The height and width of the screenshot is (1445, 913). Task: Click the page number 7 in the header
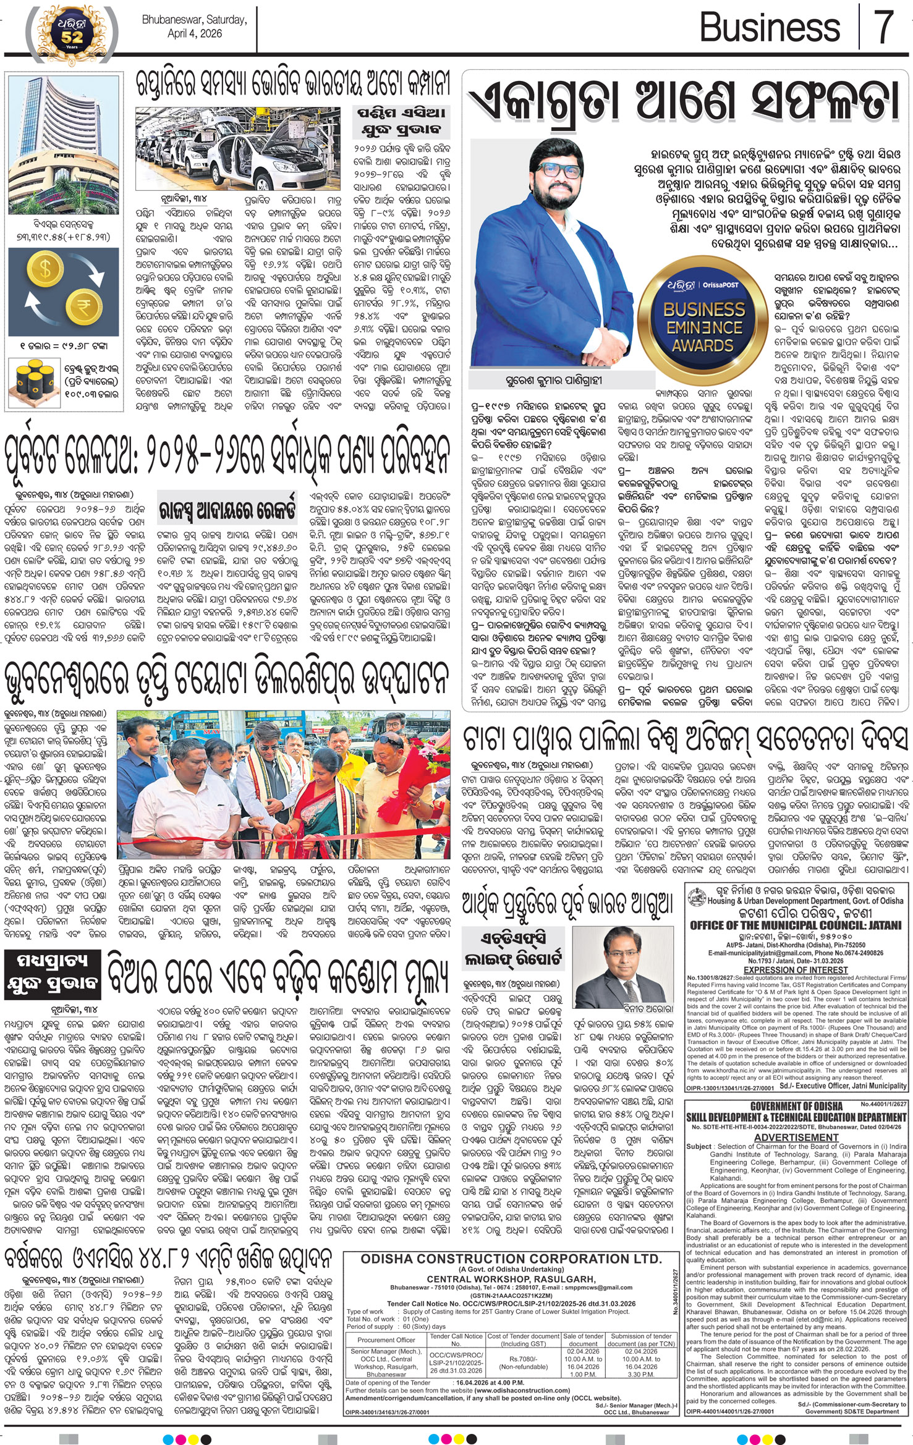pos(885,27)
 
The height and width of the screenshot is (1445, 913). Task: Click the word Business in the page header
pos(769,28)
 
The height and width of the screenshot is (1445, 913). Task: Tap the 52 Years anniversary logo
pos(71,34)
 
